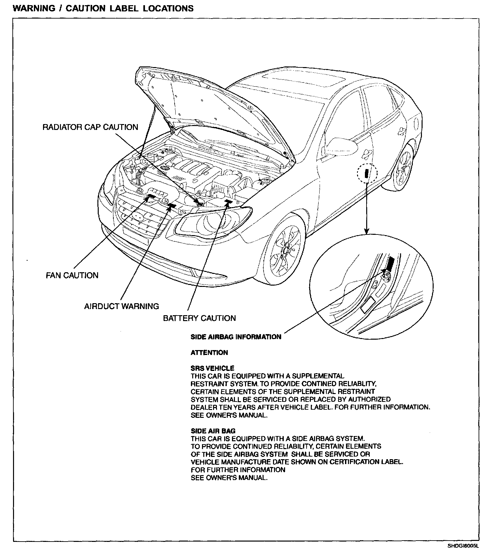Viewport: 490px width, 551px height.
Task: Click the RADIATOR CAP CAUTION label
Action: tap(90, 127)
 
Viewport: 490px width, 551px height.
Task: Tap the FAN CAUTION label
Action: tap(72, 275)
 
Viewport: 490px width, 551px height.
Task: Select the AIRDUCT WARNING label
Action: tap(122, 306)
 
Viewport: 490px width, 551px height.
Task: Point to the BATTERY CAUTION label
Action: tap(199, 318)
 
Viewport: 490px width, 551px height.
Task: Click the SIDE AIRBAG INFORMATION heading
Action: tap(236, 337)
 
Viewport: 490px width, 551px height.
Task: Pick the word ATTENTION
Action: tap(209, 353)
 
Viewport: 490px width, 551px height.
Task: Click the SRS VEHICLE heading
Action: tap(212, 368)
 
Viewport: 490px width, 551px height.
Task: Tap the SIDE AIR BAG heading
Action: tap(213, 431)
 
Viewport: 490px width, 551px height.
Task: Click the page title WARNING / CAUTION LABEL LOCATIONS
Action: tap(103, 8)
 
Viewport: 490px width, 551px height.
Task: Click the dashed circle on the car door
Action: tap(367, 173)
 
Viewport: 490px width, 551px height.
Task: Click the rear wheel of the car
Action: tap(403, 168)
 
